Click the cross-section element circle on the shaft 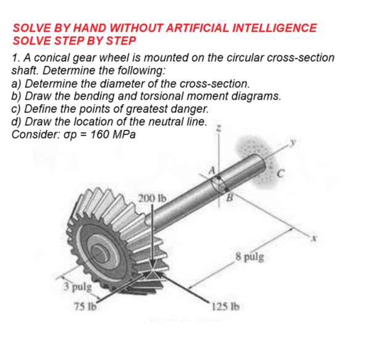pyautogui.click(x=220, y=186)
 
